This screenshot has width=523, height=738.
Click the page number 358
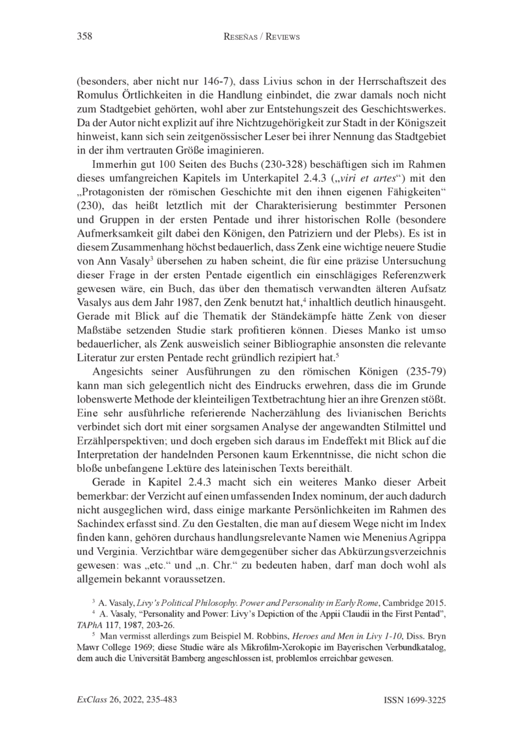tap(83, 37)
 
